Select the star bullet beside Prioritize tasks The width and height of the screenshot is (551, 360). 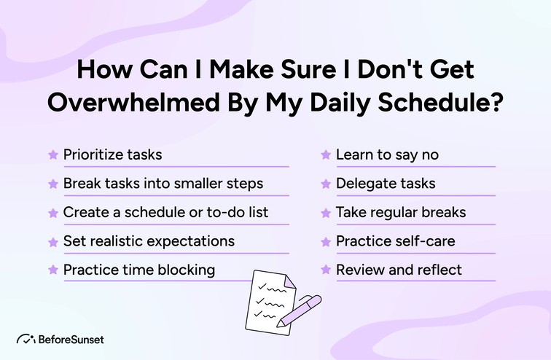coord(52,154)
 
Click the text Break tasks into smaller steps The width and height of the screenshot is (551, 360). coord(163,183)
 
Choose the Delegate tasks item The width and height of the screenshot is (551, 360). coord(385,183)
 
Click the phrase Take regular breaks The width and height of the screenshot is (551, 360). coord(400,212)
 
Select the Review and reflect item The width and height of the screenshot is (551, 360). coord(398,270)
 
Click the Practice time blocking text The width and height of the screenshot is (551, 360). coord(138,270)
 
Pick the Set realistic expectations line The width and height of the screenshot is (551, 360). coord(149,240)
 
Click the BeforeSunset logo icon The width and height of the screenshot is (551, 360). coord(26,338)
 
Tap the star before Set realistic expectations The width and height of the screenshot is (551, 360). coord(52,240)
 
